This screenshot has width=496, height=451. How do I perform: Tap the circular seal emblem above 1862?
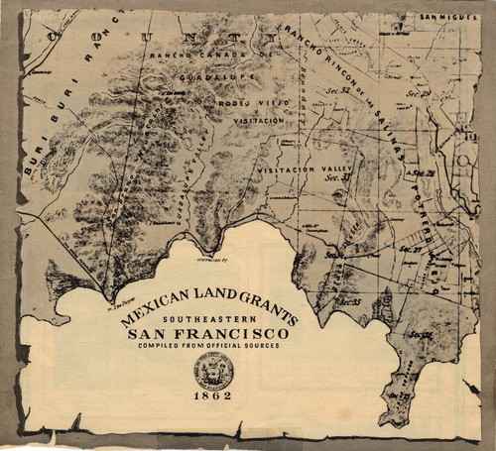click(x=213, y=371)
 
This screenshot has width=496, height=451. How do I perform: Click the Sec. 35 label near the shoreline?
click(x=347, y=300)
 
